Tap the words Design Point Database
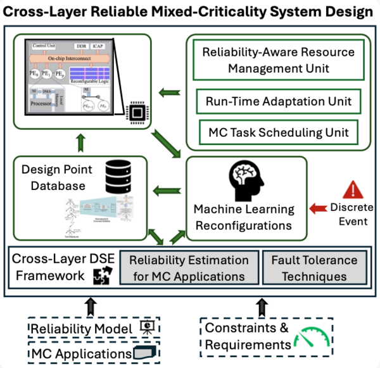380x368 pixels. [56, 177]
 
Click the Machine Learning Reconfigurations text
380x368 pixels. [244, 217]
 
